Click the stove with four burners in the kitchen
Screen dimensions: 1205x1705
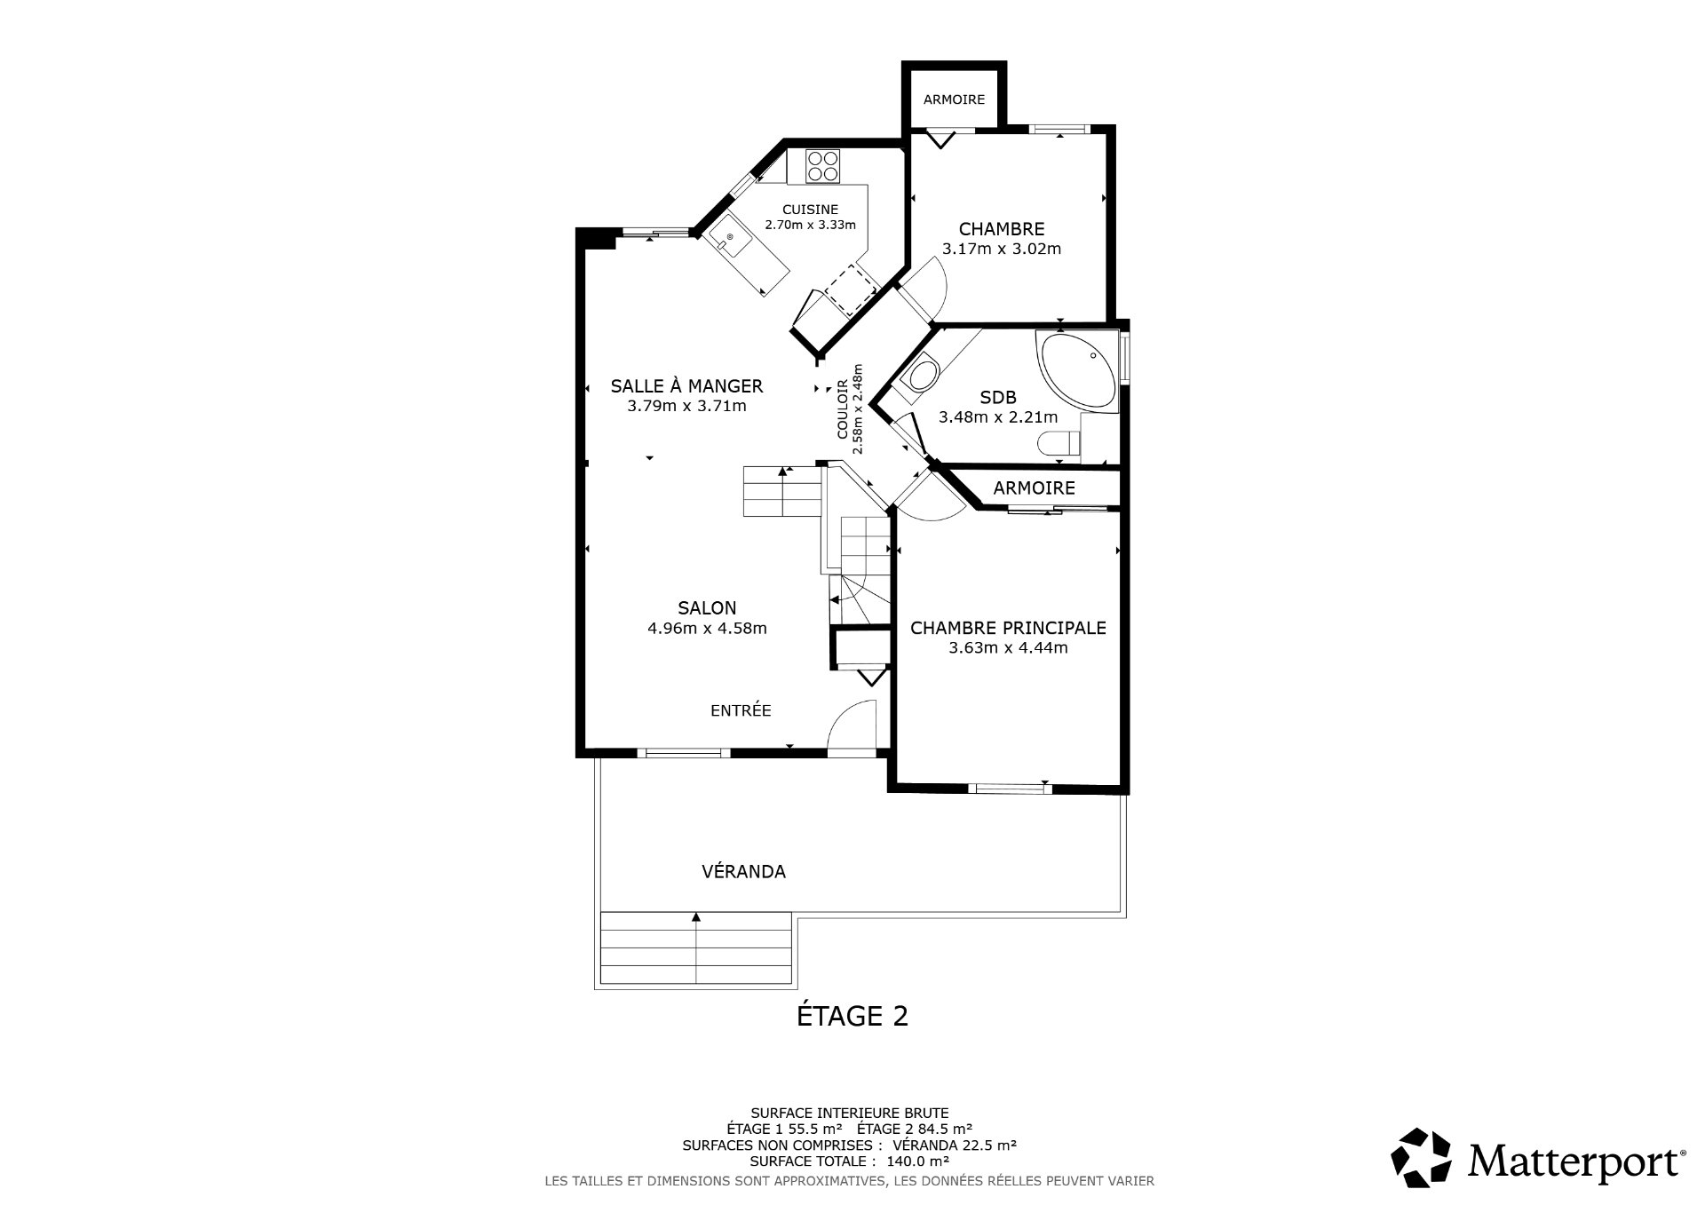(x=823, y=166)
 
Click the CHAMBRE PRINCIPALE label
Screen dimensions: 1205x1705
(x=1008, y=628)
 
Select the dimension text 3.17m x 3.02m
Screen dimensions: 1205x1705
(x=1002, y=249)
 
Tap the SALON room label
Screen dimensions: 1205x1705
(x=707, y=608)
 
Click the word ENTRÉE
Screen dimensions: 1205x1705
(x=741, y=710)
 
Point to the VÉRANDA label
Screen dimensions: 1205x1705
(x=743, y=872)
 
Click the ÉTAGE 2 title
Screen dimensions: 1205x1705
(x=852, y=1015)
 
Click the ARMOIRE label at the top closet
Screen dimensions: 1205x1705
(x=954, y=99)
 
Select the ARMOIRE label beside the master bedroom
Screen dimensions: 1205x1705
(x=1034, y=488)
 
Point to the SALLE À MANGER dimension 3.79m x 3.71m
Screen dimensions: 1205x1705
(x=686, y=407)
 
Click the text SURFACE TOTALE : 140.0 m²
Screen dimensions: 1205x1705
(x=850, y=1161)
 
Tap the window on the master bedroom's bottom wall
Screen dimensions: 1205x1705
(x=1008, y=788)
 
